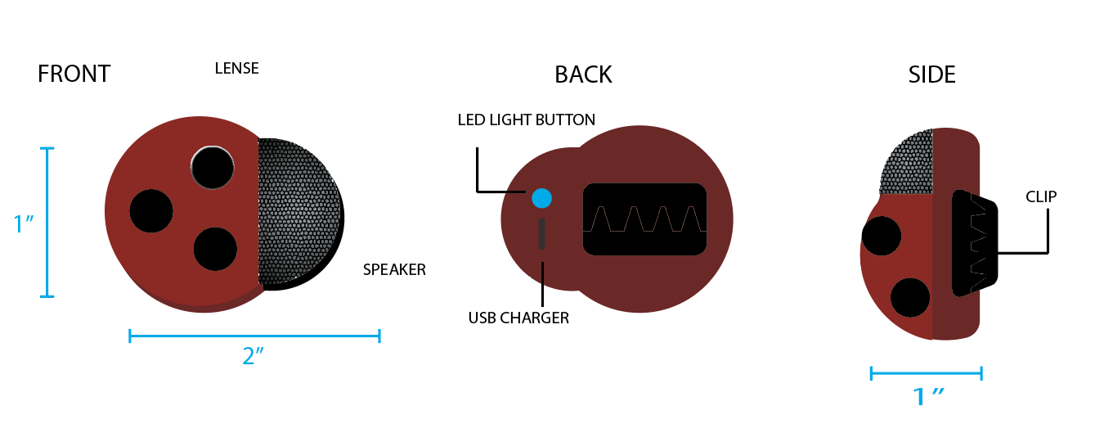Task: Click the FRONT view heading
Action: pos(74,74)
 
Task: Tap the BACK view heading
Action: pos(583,75)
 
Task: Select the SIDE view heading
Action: pos(931,75)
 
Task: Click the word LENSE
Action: pos(236,69)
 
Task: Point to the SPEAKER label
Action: pos(394,269)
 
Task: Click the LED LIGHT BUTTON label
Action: pos(526,120)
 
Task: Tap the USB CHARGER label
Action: pos(518,318)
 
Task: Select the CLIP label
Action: pos(1041,196)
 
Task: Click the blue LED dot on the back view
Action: pos(541,197)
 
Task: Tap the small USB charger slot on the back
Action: pos(541,234)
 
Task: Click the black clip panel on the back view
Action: pos(644,219)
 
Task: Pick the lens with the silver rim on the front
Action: pos(213,167)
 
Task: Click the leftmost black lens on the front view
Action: pos(151,210)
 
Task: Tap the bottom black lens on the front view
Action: pos(215,249)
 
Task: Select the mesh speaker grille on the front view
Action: pos(298,211)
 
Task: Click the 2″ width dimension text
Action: pos(254,357)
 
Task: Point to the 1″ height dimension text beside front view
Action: pos(23,223)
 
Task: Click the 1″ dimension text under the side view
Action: pos(927,397)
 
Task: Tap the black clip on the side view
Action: pos(973,243)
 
